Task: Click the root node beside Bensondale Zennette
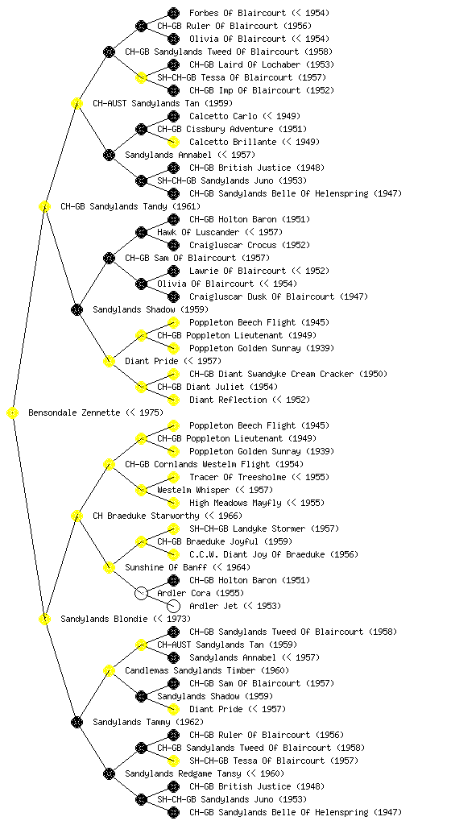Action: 13,413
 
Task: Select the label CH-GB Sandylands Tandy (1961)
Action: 130,207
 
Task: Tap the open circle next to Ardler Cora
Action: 141,594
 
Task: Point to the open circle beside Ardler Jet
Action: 173,606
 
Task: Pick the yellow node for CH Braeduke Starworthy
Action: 77,516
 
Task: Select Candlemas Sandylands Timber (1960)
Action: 207,671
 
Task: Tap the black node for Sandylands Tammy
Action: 77,723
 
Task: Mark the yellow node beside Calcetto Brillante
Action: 173,142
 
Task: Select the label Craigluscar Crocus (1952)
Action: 250,245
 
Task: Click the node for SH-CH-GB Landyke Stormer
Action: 173,529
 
